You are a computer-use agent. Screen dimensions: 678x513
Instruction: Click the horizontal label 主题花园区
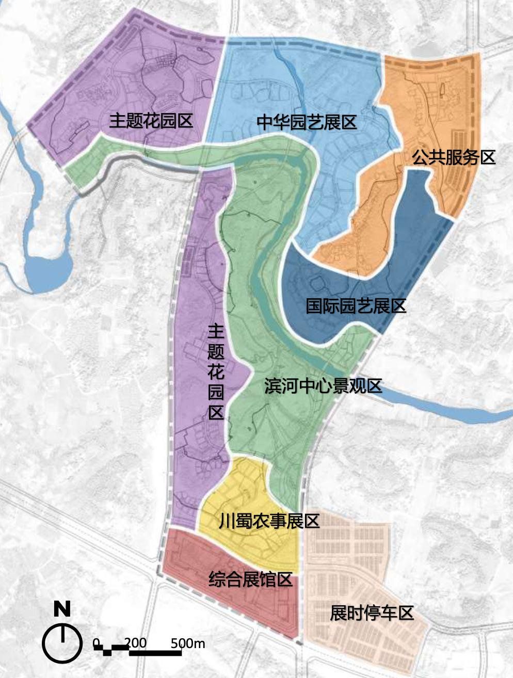(151, 121)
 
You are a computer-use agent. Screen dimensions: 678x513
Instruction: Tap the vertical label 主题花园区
(216, 372)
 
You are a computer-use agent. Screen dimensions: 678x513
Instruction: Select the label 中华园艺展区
(307, 123)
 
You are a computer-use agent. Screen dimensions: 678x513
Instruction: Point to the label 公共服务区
(453, 157)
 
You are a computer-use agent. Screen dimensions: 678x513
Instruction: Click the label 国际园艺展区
(356, 306)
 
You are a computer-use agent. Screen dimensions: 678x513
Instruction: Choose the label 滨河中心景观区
(323, 386)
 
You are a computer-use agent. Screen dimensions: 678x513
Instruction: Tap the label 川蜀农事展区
(269, 521)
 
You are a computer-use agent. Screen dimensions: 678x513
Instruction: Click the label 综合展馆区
(250, 579)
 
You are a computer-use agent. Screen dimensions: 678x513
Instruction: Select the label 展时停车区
(372, 613)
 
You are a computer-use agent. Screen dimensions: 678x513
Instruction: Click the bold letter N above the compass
(62, 609)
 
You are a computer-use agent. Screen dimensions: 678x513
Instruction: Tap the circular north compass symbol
(62, 643)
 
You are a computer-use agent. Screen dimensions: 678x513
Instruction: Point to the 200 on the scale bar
(135, 643)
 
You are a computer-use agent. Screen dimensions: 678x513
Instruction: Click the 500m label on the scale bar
(188, 643)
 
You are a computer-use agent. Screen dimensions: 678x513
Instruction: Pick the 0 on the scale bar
(97, 643)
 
